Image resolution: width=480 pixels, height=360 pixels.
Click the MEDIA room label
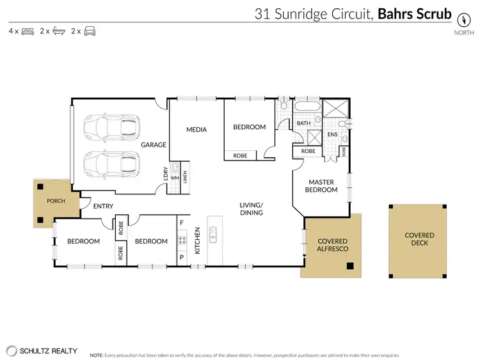(x=196, y=130)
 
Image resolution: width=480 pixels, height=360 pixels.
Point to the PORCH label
(x=56, y=201)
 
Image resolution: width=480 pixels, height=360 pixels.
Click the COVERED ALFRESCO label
(x=332, y=246)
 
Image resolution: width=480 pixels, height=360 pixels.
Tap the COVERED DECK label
(x=419, y=240)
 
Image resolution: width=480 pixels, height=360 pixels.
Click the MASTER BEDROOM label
(x=321, y=185)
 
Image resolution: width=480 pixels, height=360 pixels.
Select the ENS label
(x=332, y=135)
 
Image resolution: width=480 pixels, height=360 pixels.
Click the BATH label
(x=303, y=123)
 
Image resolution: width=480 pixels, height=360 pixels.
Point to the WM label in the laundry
(x=175, y=178)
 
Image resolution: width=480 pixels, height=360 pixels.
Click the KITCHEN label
(x=198, y=241)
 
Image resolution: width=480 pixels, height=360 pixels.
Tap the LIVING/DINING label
(x=252, y=208)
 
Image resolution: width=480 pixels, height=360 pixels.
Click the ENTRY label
(x=103, y=206)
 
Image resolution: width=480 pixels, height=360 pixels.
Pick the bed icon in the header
(x=27, y=31)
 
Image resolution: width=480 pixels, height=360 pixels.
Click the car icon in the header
(x=90, y=31)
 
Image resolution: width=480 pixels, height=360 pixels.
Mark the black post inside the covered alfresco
(x=349, y=265)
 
